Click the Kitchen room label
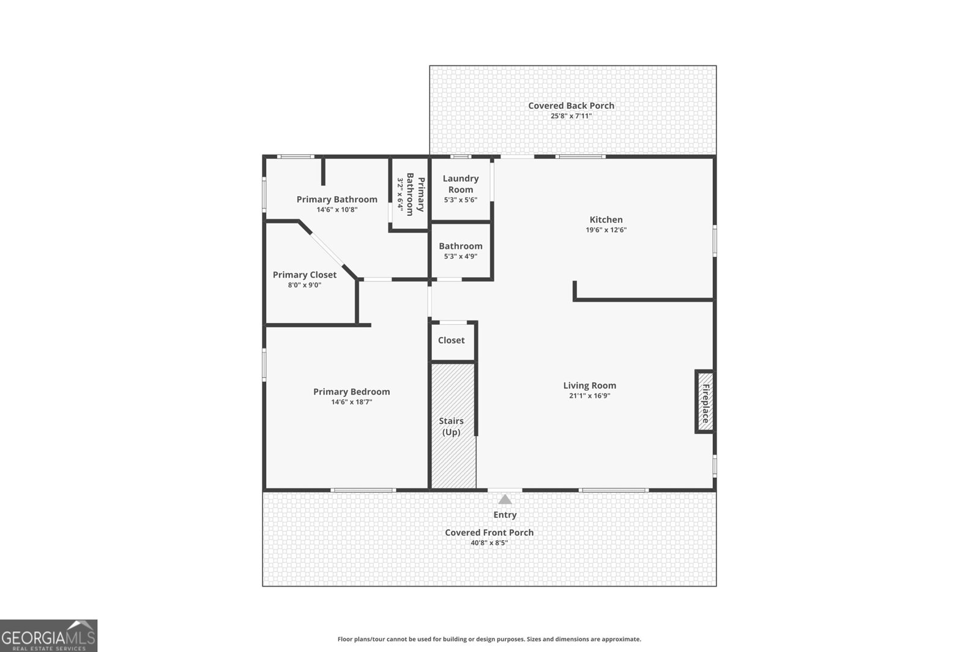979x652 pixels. coord(606,220)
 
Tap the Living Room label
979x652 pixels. coord(589,385)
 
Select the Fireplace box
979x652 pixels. coord(705,402)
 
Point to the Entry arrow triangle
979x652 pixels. coord(505,499)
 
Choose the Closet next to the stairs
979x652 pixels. coord(452,340)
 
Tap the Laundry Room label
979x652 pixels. coord(460,183)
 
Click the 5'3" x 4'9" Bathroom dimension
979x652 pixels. coord(460,257)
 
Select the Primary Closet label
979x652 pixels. coord(304,275)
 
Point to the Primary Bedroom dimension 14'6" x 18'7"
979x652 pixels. coord(351,402)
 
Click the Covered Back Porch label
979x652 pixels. coord(571,105)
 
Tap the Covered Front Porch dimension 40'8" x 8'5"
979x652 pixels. coord(489,543)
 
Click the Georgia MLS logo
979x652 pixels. coord(48,635)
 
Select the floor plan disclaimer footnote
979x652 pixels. coord(489,639)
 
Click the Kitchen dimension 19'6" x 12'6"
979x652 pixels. coord(606,231)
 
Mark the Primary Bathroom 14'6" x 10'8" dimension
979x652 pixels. coord(337,210)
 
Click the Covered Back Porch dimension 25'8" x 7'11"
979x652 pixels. coord(571,116)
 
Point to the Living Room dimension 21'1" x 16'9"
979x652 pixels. coord(589,396)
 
